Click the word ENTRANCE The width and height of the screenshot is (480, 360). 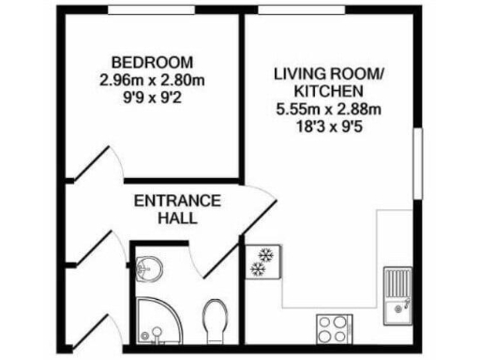(177, 202)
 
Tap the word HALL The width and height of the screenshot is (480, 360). (177, 218)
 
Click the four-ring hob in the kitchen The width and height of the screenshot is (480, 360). (332, 328)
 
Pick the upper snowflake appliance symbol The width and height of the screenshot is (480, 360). (263, 254)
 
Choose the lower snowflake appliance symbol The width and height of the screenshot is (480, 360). (257, 270)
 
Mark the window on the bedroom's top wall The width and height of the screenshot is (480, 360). (151, 10)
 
